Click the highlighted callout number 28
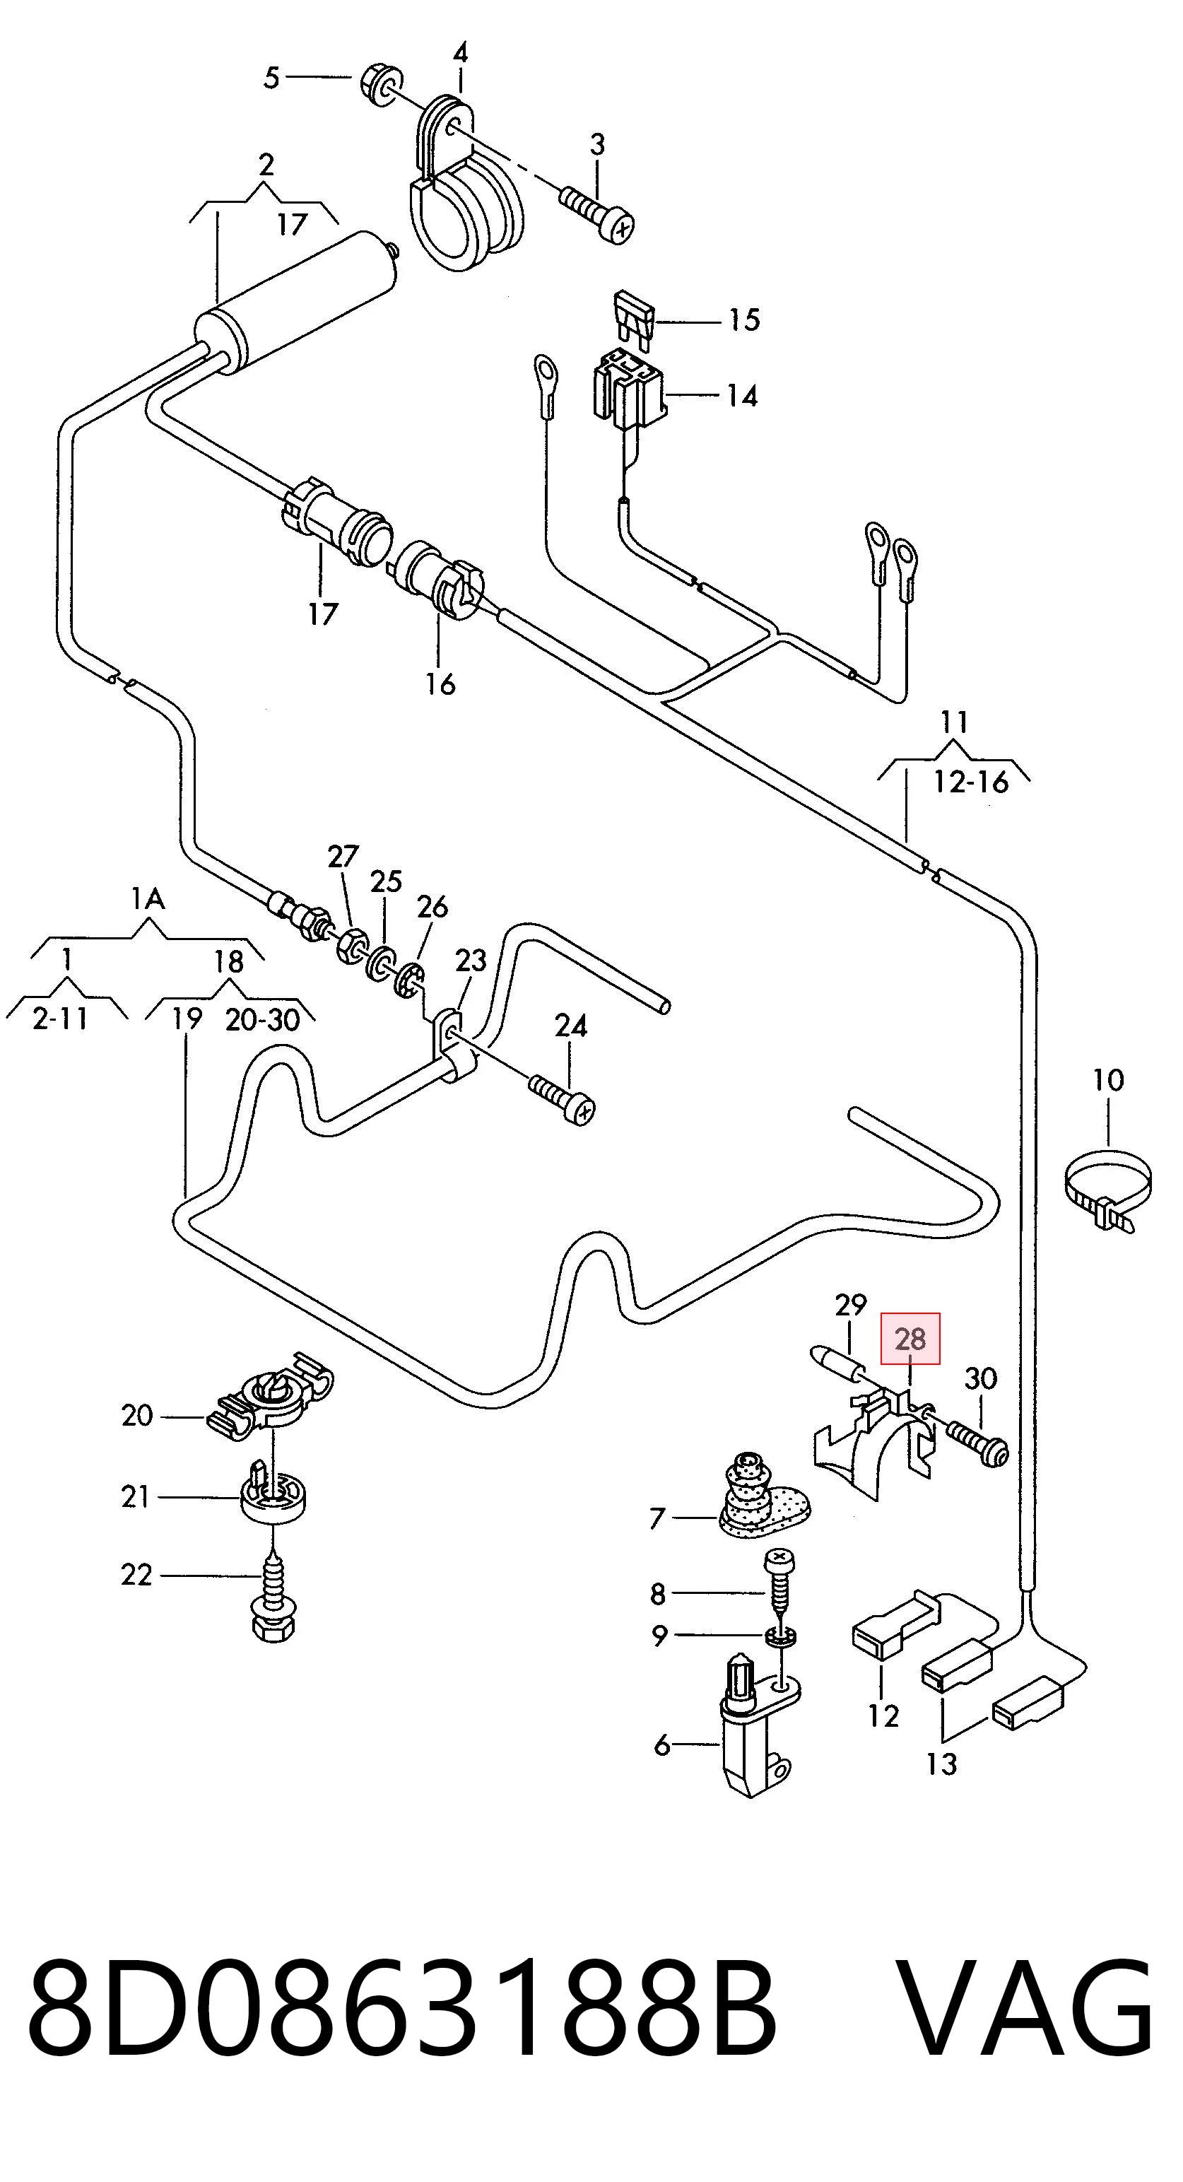pyautogui.click(x=910, y=1339)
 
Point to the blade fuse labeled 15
pyautogui.click(x=633, y=319)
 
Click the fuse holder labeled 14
pyautogui.click(x=628, y=392)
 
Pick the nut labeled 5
pyautogui.click(x=380, y=86)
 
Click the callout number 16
pyautogui.click(x=440, y=684)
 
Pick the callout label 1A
pyautogui.click(x=148, y=898)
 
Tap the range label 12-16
pyautogui.click(x=971, y=781)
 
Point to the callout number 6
pyautogui.click(x=662, y=1745)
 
